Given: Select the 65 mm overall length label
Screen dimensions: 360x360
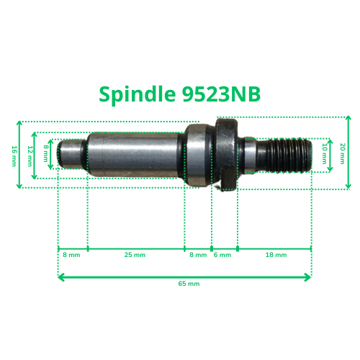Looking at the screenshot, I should [x=188, y=284].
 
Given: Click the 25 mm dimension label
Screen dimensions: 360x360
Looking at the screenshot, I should [x=135, y=255].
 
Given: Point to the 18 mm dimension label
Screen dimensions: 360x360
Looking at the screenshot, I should [x=276, y=255].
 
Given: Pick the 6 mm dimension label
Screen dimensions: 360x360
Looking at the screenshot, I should [x=223, y=255].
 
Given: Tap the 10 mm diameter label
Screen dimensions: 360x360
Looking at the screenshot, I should [x=325, y=153].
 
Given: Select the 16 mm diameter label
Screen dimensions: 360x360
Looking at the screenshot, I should [x=14, y=155].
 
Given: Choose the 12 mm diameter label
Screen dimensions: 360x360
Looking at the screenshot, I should [x=30, y=153].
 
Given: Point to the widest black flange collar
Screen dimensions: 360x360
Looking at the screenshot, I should [x=225, y=153].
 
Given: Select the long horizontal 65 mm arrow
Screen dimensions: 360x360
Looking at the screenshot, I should [x=185, y=275].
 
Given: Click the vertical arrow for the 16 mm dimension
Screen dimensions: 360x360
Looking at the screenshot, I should [x=21, y=154].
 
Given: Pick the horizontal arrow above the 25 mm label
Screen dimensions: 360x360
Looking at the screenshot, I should [x=135, y=248].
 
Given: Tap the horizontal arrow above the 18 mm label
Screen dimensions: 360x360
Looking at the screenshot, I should [x=274, y=248].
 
